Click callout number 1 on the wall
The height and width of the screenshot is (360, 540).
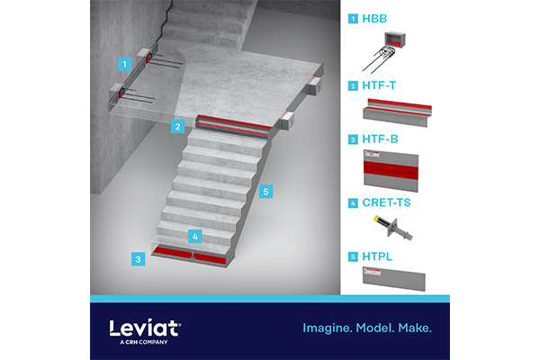pos(125,64)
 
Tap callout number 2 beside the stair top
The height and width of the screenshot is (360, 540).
pos(177,126)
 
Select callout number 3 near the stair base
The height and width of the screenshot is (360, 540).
pos(138,259)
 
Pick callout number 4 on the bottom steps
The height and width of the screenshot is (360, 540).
pos(195,237)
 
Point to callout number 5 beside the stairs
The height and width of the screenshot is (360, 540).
pos(265,192)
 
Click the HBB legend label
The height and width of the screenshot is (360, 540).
pos(374,19)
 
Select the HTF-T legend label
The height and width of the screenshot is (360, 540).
pos(379,85)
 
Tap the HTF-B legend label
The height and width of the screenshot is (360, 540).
pos(380,139)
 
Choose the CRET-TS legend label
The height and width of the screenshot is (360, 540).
pos(386,202)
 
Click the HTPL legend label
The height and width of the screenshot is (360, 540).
pos(377,256)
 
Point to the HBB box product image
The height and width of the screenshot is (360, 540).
pos(384,51)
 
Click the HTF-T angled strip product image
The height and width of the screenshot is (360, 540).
pos(397,112)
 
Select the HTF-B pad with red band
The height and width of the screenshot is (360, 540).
pos(391,171)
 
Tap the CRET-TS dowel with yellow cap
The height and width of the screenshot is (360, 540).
pos(393,228)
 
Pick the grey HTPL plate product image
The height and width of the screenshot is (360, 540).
pos(394,279)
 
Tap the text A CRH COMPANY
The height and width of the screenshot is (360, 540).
pos(144,342)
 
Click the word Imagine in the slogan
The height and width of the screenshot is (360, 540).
pos(328,328)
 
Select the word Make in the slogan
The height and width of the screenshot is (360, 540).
pos(415,328)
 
